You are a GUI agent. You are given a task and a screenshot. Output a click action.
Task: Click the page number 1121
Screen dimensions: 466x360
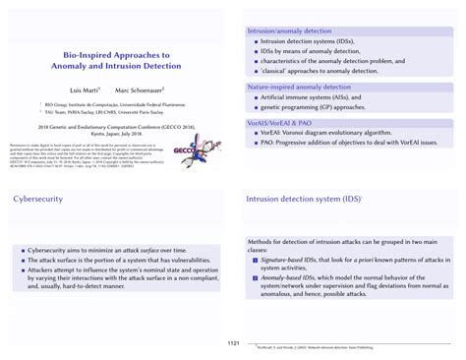click(232, 343)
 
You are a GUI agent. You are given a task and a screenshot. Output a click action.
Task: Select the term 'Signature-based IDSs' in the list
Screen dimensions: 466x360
click(284, 260)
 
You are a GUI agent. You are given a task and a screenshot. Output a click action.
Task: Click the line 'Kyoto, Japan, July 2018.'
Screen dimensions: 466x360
click(116, 133)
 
